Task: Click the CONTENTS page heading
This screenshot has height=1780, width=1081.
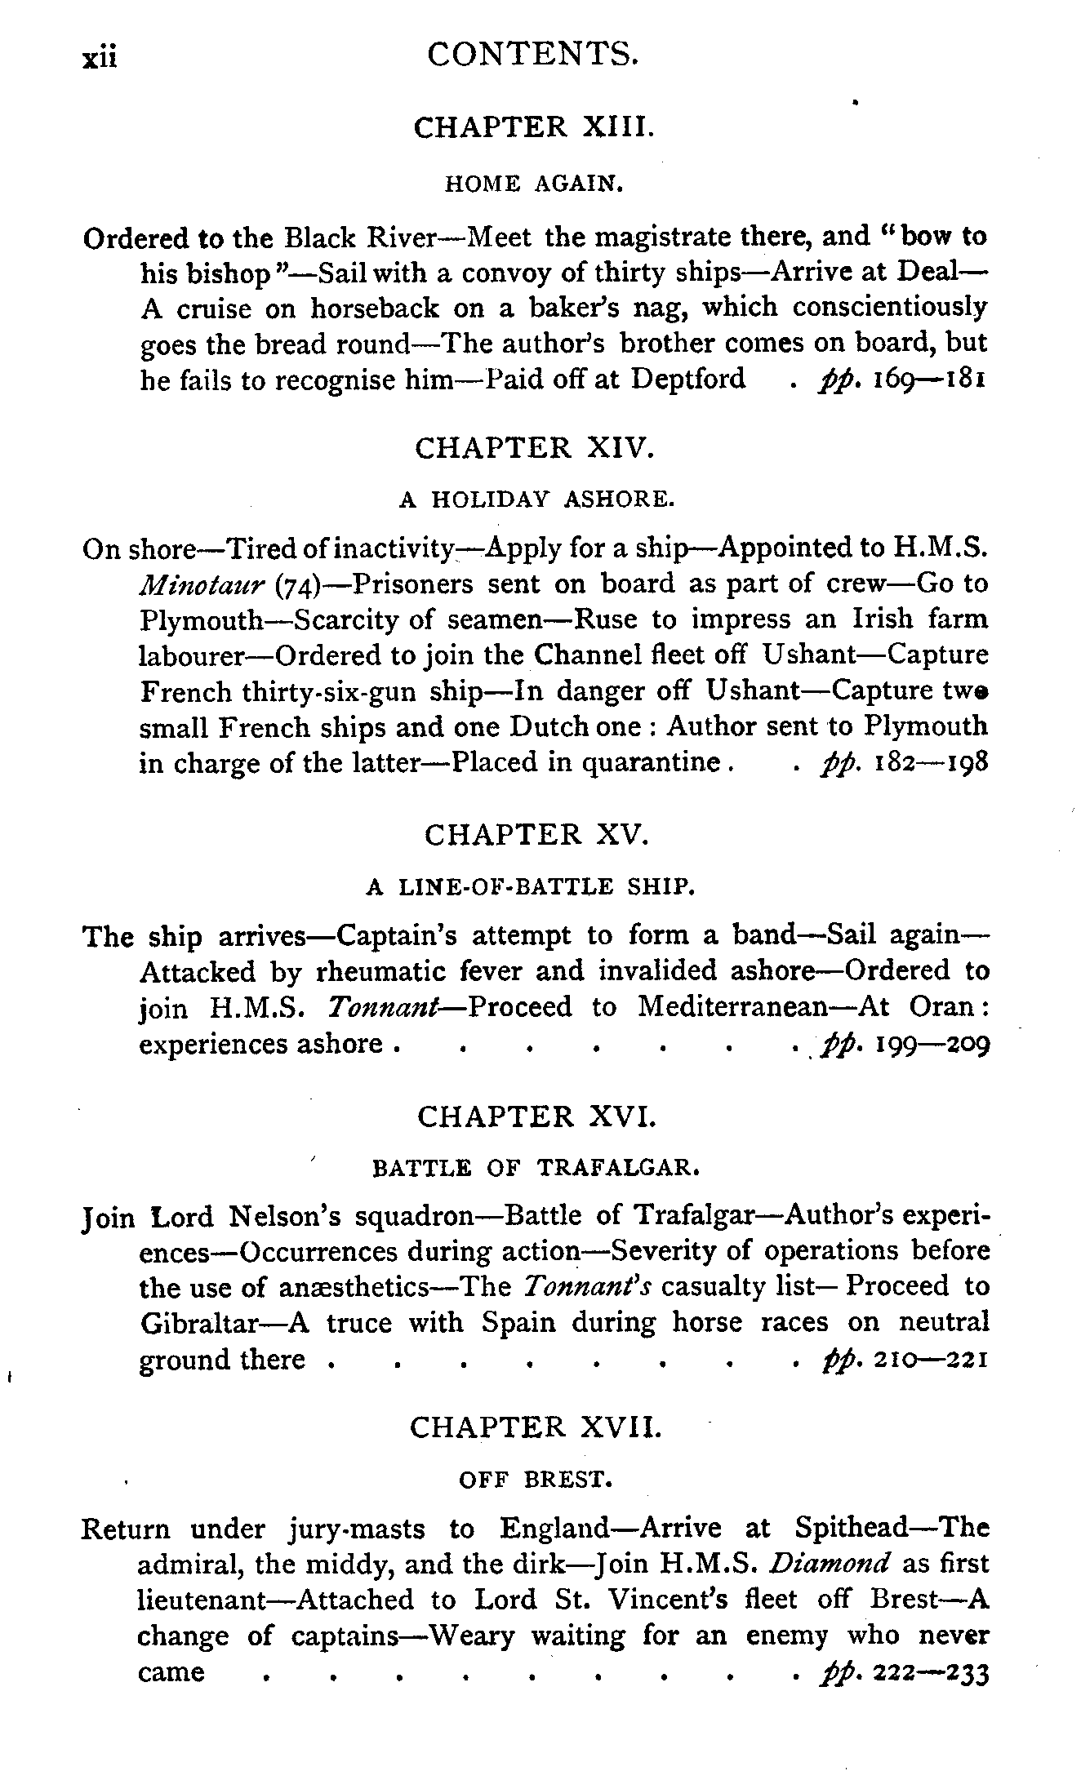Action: [532, 55]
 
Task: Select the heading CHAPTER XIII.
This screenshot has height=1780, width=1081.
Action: [534, 127]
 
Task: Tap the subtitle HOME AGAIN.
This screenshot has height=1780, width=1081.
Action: [535, 184]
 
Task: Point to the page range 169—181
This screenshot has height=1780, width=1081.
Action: [931, 380]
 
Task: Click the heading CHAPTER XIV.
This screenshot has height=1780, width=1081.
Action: [534, 448]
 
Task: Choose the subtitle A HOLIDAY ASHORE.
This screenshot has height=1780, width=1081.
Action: [536, 499]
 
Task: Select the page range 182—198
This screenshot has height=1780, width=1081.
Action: [932, 763]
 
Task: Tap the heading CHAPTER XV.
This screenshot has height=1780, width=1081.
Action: [536, 834]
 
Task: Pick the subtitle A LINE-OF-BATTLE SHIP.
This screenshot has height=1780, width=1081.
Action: [531, 886]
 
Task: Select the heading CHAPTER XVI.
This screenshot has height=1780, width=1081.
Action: [536, 1116]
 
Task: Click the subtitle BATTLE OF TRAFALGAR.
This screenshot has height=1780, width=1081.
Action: [536, 1168]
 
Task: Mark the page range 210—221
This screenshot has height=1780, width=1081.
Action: [931, 1360]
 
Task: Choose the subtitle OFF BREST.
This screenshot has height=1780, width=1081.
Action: [536, 1479]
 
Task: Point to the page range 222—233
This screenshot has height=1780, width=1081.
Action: [932, 1673]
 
